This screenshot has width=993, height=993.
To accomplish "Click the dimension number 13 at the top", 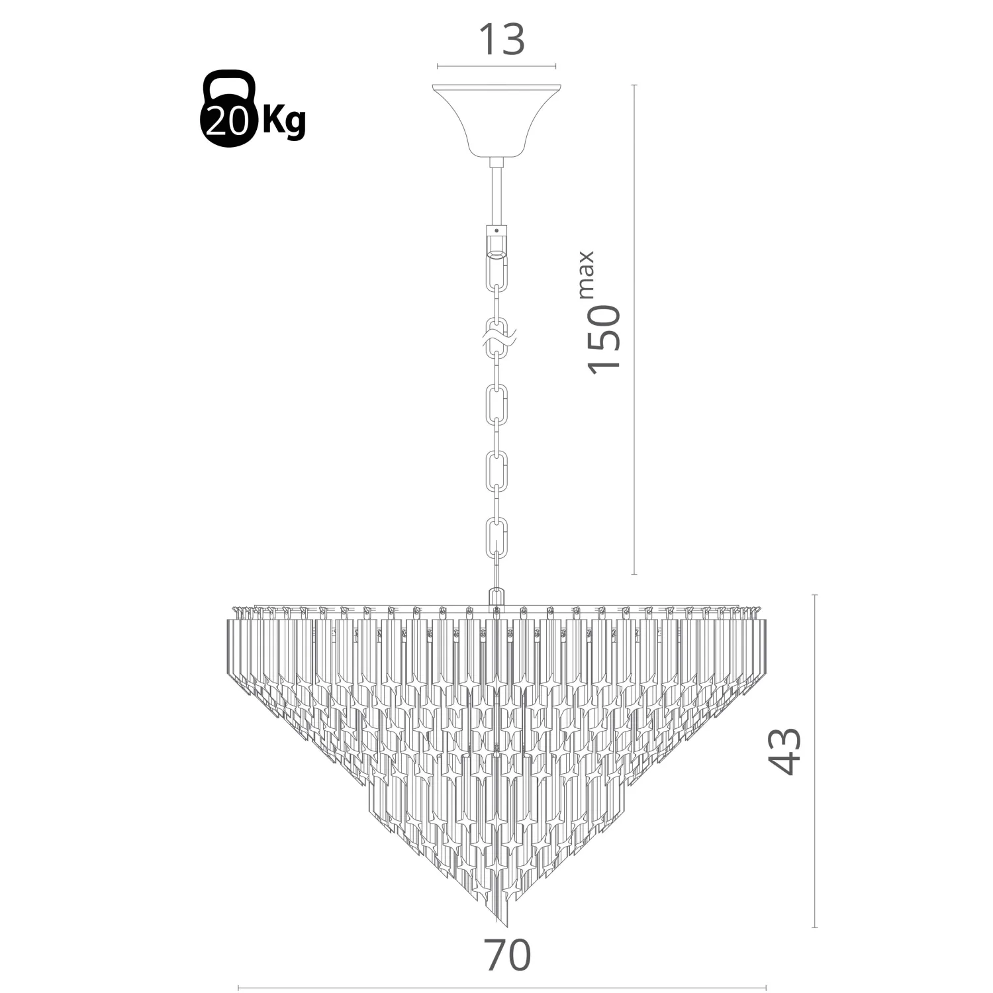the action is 501,40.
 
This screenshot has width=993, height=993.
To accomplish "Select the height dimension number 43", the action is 785,751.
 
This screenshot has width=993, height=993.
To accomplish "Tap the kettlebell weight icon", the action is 227,109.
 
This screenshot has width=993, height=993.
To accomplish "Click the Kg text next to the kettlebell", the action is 284,120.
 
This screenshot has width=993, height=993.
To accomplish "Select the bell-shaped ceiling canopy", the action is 496,121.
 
